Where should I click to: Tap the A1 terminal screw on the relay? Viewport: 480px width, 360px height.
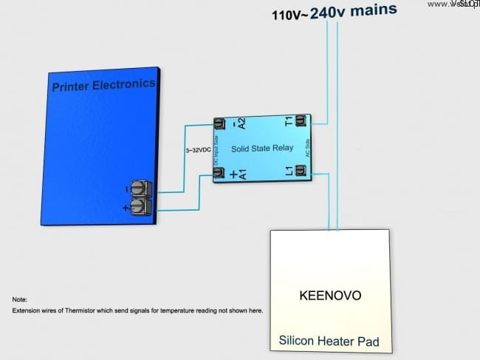pos(219,173)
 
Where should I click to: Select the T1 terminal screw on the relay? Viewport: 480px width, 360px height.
pos(301,120)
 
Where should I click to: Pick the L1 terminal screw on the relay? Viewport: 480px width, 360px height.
pos(301,171)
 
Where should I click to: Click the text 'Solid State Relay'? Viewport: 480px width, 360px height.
pos(262,149)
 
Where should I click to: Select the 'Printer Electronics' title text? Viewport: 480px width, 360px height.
pos(103,86)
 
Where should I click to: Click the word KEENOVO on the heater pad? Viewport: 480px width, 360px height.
pos(330,296)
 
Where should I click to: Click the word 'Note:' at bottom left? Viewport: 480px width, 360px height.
pos(20,299)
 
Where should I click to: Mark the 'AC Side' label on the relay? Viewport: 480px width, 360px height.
pos(307,146)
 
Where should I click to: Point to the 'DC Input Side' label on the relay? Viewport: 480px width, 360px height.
pos(216,148)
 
